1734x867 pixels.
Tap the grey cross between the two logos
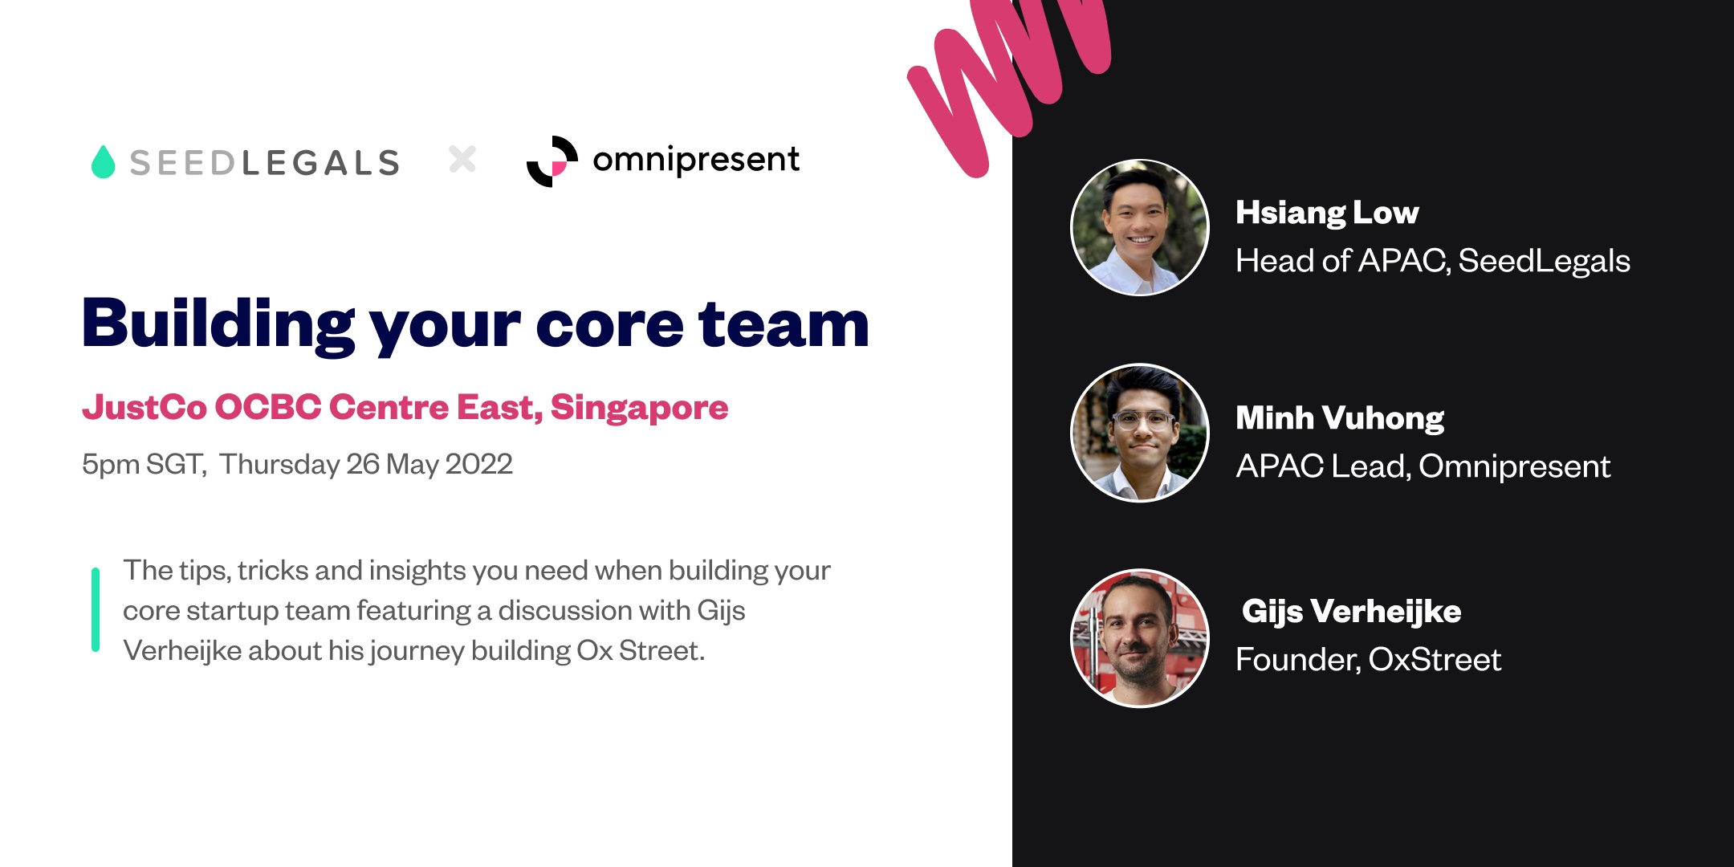point(462,159)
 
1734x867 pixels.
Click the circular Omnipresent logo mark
point(552,161)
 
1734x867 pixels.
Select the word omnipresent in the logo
point(695,159)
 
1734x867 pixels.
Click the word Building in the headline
point(218,324)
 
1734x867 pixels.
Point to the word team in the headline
point(784,324)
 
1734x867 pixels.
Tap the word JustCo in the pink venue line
point(144,407)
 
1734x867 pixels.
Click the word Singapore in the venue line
point(639,408)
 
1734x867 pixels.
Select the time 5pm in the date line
point(110,465)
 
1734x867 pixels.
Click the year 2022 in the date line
point(478,464)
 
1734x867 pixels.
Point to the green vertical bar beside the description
point(96,609)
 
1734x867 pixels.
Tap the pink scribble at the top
point(1003,72)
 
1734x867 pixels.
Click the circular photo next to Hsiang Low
point(1140,227)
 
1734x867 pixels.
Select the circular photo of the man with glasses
point(1140,433)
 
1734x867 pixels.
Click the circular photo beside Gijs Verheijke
point(1140,638)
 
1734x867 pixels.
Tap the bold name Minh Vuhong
point(1339,418)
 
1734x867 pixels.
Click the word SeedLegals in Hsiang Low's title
point(1543,261)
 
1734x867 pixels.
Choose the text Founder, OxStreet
point(1368,659)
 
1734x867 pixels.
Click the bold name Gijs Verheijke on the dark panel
point(1351,611)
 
